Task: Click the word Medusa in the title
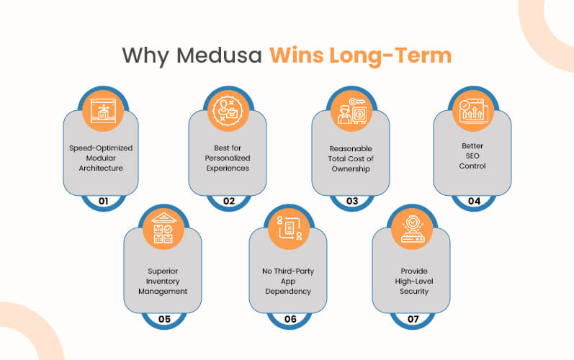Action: click(x=219, y=55)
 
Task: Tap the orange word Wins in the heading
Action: click(x=297, y=55)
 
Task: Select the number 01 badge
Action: click(x=104, y=201)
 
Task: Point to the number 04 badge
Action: click(x=474, y=201)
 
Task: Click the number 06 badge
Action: click(x=290, y=319)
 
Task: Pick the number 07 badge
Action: click(x=413, y=319)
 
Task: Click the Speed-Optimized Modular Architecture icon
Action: click(x=103, y=110)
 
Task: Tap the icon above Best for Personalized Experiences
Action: click(x=228, y=110)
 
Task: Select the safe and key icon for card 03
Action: click(x=351, y=111)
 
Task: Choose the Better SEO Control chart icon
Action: click(x=473, y=110)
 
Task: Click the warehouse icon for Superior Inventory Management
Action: click(x=163, y=228)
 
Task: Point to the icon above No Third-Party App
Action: click(x=290, y=228)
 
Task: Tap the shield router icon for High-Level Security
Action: click(x=413, y=229)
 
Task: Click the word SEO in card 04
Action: click(x=472, y=156)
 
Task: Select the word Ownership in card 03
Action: click(x=351, y=169)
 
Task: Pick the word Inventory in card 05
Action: click(x=163, y=282)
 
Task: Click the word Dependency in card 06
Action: click(x=288, y=292)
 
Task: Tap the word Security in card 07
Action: click(x=414, y=292)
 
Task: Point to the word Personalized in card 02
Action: click(x=228, y=158)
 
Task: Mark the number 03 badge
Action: click(x=352, y=201)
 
